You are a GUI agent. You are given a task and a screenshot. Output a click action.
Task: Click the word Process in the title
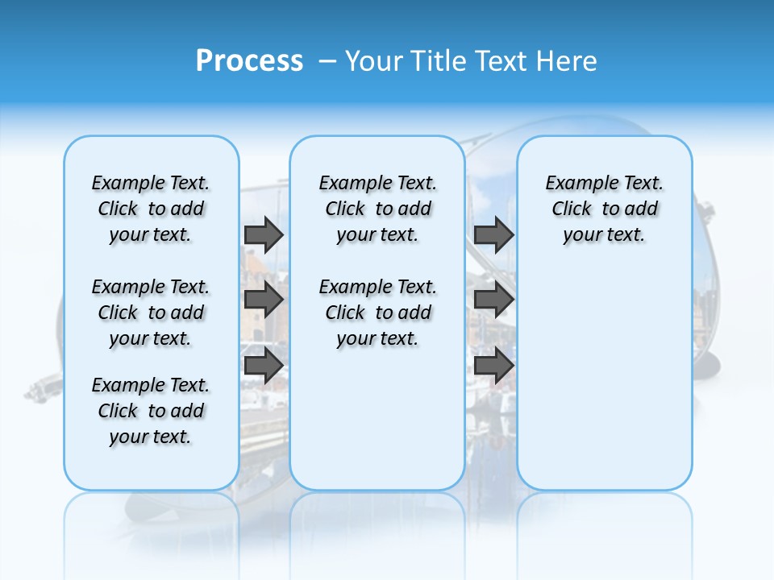pos(249,61)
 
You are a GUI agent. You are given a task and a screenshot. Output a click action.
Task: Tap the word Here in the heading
pos(568,61)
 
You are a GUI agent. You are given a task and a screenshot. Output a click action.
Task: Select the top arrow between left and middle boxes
pos(264,234)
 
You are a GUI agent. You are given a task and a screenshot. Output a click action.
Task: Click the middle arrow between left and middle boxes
pos(264,300)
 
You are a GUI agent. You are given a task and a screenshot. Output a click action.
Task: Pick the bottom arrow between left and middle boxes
pos(264,366)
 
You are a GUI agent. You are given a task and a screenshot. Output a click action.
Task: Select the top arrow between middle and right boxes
pos(493,234)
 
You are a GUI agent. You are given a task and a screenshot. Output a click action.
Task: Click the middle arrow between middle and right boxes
pos(493,300)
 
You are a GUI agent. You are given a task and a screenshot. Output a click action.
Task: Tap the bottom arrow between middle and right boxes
pos(493,366)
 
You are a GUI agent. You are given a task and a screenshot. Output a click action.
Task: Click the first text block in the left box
pos(151,209)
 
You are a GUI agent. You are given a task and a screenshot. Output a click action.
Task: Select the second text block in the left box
pos(151,313)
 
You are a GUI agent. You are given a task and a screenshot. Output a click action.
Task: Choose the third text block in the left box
pos(151,411)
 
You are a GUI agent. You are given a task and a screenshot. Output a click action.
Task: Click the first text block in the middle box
pos(377,209)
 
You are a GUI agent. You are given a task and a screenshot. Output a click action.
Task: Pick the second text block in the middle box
pos(377,313)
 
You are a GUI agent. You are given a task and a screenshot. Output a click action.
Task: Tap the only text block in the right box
pos(604,209)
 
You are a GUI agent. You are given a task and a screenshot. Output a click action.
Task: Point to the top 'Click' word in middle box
pos(345,209)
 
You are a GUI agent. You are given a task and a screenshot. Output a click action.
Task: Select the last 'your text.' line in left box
pos(151,437)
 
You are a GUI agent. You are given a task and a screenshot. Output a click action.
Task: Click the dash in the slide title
pos(327,61)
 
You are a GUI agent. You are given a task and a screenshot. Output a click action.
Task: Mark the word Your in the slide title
pos(375,61)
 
